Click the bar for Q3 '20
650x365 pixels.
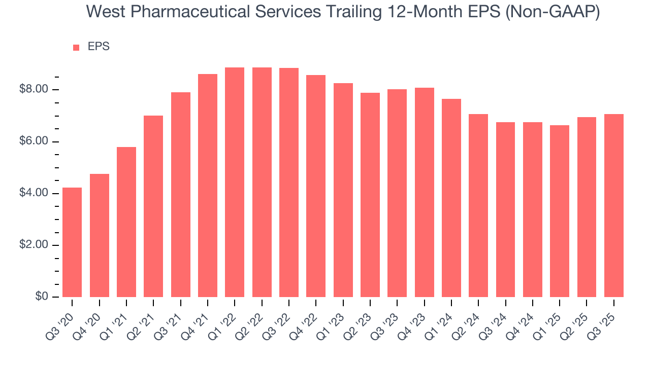[x=72, y=242]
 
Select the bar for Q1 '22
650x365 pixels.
[x=235, y=182]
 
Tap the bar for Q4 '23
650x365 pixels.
[x=425, y=193]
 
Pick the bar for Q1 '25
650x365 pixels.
[x=560, y=211]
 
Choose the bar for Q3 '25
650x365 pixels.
[x=614, y=205]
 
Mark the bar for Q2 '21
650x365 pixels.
[x=153, y=206]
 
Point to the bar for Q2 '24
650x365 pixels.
[x=478, y=205]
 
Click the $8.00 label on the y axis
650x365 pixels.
[x=34, y=90]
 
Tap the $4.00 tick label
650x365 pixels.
[x=34, y=193]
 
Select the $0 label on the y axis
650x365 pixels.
[x=42, y=297]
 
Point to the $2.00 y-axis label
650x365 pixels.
[x=34, y=245]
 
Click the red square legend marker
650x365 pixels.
[x=76, y=48]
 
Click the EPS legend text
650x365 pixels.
[x=99, y=47]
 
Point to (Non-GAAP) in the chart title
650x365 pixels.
[x=557, y=12]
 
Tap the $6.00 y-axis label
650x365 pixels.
[x=34, y=141]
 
